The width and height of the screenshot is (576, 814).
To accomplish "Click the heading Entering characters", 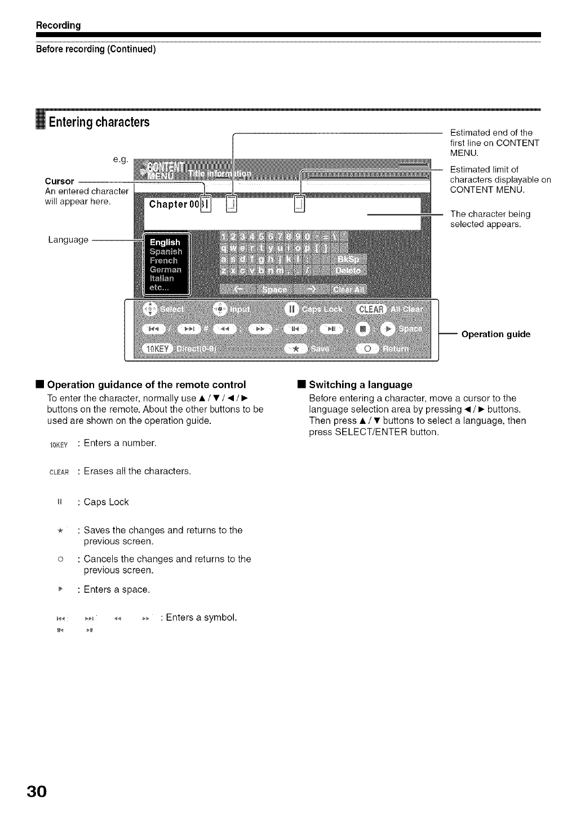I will [99, 122].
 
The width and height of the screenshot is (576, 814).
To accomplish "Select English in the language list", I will [165, 242].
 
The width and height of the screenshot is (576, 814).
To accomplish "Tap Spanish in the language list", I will [166, 252].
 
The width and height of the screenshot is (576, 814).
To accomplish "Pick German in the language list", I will [166, 270].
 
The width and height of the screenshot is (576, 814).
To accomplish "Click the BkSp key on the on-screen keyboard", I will [349, 259].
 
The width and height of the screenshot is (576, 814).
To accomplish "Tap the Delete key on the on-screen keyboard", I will [348, 271].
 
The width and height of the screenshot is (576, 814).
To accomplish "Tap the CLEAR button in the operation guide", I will [371, 309].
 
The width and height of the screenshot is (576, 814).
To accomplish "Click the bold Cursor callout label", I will [59, 181].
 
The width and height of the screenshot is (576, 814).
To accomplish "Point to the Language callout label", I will [68, 240].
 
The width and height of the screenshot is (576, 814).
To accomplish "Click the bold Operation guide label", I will [495, 334].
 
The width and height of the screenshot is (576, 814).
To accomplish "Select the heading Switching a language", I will [361, 385].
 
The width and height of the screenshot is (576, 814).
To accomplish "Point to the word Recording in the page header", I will [59, 25].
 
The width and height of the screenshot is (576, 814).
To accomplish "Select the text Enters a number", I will [120, 443].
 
